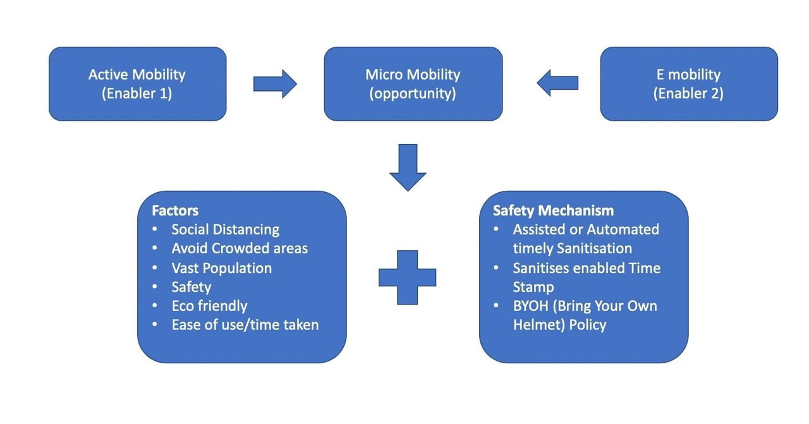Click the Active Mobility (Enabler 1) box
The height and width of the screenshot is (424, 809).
coord(137,83)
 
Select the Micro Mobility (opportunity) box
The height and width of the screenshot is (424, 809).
coord(413,83)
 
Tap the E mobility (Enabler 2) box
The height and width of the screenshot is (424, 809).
coord(688,83)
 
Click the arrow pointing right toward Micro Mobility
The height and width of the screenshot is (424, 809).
coord(275,83)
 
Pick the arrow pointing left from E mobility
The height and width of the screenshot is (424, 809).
coord(557,83)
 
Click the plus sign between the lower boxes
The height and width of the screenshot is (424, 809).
coord(408,277)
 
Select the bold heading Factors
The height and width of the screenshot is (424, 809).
coord(175,210)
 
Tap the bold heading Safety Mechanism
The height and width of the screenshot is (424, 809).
coord(553,210)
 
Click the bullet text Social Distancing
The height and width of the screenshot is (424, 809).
coord(225,229)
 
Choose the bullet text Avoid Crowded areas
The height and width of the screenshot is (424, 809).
coord(240,248)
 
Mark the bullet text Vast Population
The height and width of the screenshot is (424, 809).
coord(221,268)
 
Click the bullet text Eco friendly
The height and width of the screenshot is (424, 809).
coord(209,306)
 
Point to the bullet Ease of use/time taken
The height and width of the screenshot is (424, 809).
coord(245,325)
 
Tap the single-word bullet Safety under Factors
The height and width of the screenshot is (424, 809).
coord(191,287)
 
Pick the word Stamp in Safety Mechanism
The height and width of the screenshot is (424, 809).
coord(533,287)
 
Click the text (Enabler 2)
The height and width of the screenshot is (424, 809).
coord(688,94)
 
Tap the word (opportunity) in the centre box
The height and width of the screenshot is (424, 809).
coord(413,94)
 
